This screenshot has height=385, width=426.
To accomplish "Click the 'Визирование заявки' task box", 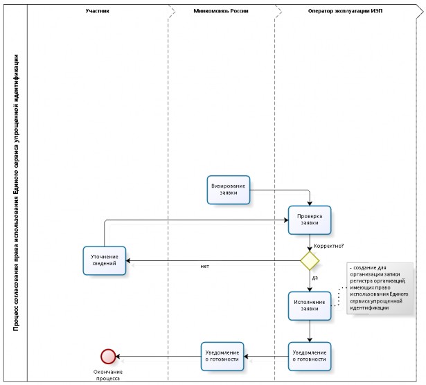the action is tap(228, 190).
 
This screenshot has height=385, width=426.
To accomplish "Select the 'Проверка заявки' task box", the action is tap(310, 220).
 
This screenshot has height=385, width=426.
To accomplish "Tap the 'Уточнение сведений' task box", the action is tap(105, 260).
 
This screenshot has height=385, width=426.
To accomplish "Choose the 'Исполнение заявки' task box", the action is tap(310, 306).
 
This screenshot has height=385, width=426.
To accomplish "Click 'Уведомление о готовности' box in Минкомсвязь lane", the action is tap(222, 356).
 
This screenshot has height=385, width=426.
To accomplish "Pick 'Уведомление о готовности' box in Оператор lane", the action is tap(310, 356).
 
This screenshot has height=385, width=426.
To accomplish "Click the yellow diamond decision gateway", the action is tap(310, 260).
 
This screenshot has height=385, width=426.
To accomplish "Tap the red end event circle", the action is tap(108, 356).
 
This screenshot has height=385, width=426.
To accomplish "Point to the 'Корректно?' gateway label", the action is tap(329, 246).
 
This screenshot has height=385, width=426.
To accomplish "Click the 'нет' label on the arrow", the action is tap(205, 267).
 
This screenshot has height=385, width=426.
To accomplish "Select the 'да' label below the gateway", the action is tap(315, 278).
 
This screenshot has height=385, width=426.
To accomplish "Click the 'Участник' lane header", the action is tap(97, 11).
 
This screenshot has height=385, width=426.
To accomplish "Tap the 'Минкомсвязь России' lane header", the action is tap(221, 11).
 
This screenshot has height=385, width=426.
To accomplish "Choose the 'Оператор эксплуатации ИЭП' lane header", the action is tap(345, 11).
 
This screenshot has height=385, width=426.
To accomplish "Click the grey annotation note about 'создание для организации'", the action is tap(380, 288).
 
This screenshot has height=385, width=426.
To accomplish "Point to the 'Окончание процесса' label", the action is tap(108, 375).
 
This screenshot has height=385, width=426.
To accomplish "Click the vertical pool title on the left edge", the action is tap(16, 192).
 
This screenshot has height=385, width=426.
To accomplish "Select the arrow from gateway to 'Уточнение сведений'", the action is tap(213, 260).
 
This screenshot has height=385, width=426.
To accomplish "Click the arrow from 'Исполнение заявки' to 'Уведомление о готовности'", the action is tap(310, 331).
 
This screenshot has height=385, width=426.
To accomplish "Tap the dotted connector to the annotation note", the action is tap(339, 296).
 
